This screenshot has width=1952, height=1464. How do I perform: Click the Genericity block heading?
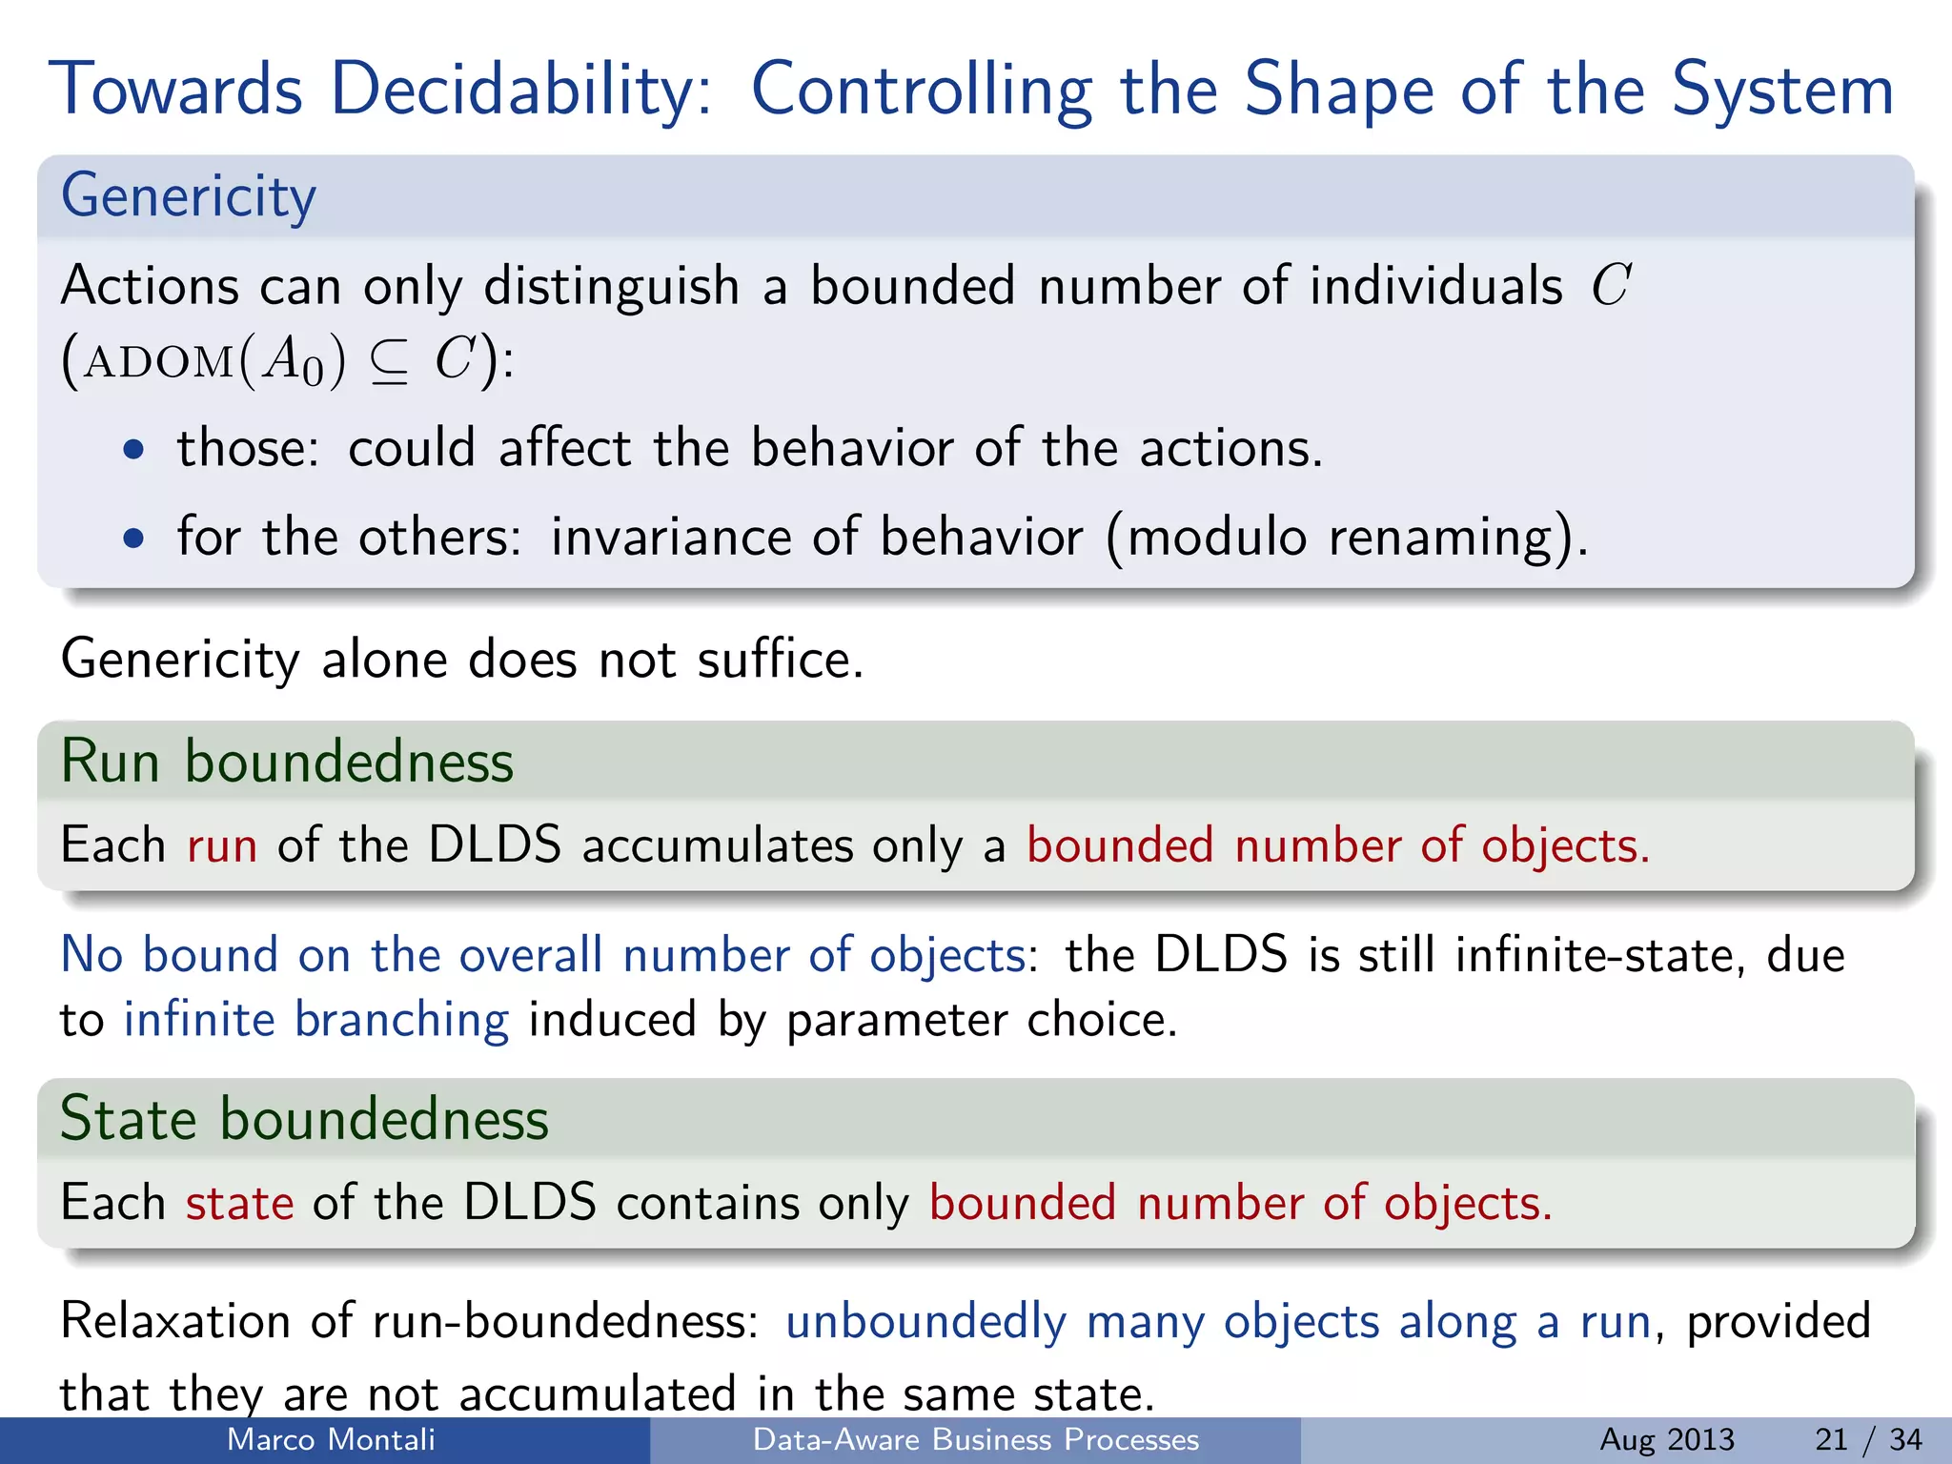[188, 196]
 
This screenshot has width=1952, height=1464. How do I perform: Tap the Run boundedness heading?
[287, 762]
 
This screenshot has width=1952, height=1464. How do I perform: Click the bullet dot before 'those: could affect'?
[134, 449]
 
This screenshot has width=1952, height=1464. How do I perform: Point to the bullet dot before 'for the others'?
[134, 538]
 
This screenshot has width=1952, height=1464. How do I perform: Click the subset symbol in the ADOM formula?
[389, 363]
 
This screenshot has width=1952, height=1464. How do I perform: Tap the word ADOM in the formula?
[158, 363]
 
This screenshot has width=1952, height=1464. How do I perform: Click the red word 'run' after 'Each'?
[222, 845]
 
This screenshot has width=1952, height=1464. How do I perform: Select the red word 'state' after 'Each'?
[239, 1203]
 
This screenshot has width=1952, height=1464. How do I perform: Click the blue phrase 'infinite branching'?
[316, 1019]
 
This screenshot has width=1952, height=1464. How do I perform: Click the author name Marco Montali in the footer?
[331, 1439]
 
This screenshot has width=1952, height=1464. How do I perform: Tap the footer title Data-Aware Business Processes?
[975, 1439]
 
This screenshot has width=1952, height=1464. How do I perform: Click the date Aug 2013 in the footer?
[1667, 1439]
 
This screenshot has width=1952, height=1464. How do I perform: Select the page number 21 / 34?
[1868, 1439]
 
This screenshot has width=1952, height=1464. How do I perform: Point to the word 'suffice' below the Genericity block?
[779, 660]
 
